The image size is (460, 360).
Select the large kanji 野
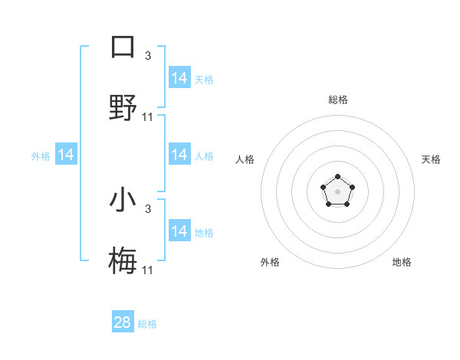pos(123,107)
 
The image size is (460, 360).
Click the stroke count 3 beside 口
pos(148,55)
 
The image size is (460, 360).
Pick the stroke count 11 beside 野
pos(148,117)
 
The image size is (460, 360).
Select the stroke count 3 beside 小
pos(148,208)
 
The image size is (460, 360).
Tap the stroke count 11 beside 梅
pos(148,270)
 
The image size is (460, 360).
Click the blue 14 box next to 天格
pos(179,78)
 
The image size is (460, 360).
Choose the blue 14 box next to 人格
pos(179,155)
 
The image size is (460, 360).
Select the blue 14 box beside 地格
pos(179,231)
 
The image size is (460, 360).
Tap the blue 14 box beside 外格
pos(66,155)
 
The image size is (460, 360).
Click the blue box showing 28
pos(123,322)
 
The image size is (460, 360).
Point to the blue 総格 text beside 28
pos(147,324)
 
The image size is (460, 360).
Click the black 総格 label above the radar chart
pos(337,100)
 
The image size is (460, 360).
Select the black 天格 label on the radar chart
pos(431,159)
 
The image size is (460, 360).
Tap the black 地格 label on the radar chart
pos(402,262)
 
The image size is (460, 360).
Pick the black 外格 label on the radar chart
pos(270,262)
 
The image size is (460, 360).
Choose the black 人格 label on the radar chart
pos(245,159)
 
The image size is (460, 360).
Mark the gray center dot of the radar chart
pos(337,191)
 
